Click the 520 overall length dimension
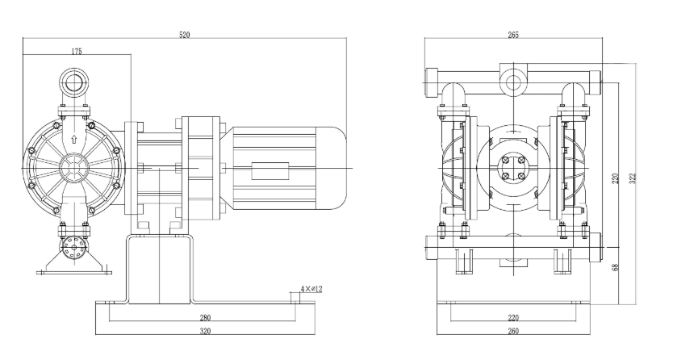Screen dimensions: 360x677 [x=185, y=34]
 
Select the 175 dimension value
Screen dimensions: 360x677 [x=77, y=51]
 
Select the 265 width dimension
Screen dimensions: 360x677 [x=513, y=35]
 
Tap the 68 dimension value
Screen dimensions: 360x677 [x=615, y=267]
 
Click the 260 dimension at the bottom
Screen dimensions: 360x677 [x=514, y=331]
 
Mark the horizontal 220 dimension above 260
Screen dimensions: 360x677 [x=514, y=318]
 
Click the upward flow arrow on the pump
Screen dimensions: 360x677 [x=74, y=140]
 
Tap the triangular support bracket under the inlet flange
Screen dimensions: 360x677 [x=74, y=265]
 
